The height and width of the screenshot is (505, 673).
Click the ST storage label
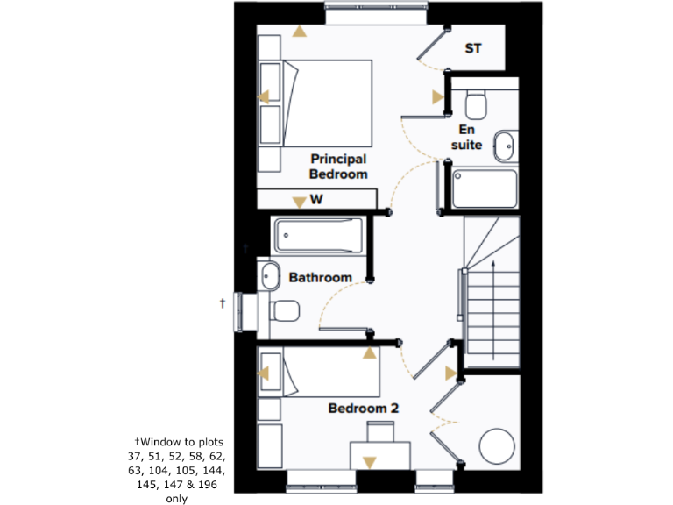pyautogui.click(x=472, y=49)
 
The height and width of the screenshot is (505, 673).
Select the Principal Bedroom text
pyautogui.click(x=337, y=167)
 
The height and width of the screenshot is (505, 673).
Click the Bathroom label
pyautogui.click(x=321, y=278)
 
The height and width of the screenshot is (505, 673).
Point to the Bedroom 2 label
pyautogui.click(x=364, y=409)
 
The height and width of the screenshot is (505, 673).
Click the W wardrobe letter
pyautogui.click(x=317, y=200)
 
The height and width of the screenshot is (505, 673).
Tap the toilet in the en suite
pyautogui.click(x=476, y=105)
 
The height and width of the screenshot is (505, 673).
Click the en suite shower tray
pyautogui.click(x=484, y=188)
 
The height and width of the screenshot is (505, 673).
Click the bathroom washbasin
pyautogui.click(x=269, y=275)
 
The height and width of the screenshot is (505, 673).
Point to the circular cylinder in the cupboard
pyautogui.click(x=497, y=446)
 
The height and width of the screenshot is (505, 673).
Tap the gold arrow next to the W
pyautogui.click(x=299, y=202)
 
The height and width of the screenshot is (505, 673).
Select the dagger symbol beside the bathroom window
pyautogui.click(x=223, y=302)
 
